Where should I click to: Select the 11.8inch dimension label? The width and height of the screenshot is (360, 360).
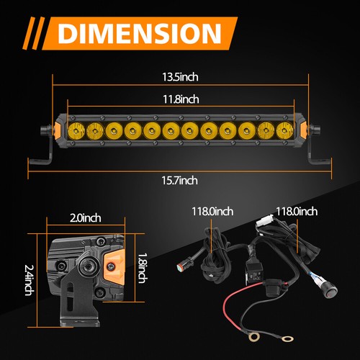(180, 99)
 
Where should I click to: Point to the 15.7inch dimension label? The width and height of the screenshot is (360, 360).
(180, 179)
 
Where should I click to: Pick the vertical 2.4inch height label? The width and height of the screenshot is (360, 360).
(28, 278)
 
